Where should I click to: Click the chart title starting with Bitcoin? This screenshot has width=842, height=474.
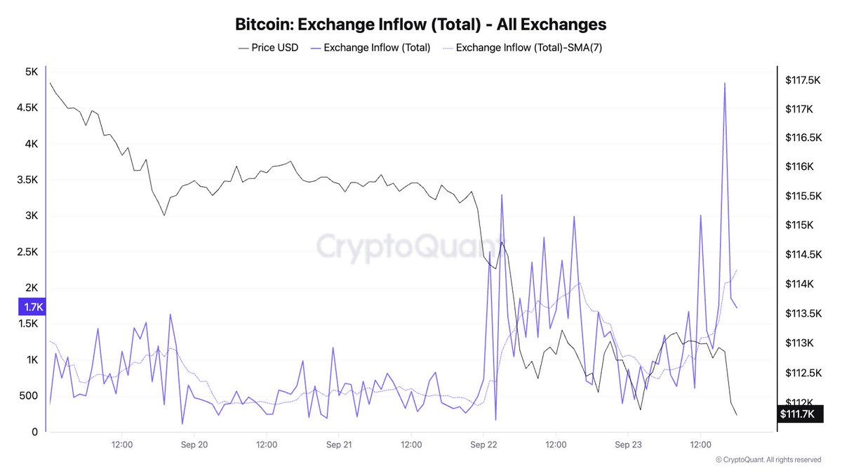[x=421, y=24]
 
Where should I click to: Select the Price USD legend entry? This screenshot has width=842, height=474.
[x=268, y=48]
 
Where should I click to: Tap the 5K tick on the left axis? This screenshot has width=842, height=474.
[x=31, y=72]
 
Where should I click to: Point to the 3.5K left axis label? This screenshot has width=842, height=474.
[x=27, y=180]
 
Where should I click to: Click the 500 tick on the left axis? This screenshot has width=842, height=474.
[x=28, y=396]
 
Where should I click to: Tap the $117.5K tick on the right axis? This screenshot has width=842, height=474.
[x=803, y=81]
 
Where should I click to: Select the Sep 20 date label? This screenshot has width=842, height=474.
[x=194, y=445]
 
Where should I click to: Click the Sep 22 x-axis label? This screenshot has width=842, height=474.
[x=483, y=445]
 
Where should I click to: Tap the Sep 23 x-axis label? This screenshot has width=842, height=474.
[x=628, y=445]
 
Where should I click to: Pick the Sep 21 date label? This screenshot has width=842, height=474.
[x=339, y=445]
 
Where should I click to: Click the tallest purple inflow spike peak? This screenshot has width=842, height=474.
[x=724, y=84]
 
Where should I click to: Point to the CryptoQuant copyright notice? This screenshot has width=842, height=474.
[x=768, y=460]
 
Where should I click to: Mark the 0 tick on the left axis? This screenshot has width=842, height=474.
[x=34, y=432]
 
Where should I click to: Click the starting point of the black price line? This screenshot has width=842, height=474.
[x=50, y=83]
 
